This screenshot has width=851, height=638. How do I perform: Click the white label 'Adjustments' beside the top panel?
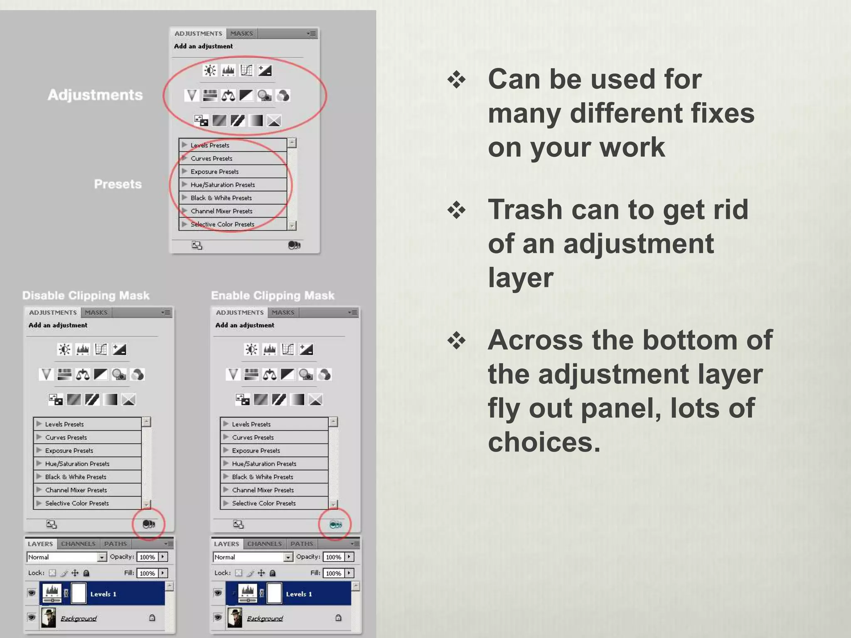tap(95, 95)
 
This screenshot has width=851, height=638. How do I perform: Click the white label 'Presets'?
tap(118, 184)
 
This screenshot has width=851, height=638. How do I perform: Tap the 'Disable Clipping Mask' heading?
tap(86, 296)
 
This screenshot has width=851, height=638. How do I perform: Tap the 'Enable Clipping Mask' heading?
tap(273, 296)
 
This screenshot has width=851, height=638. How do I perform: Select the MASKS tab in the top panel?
tap(241, 34)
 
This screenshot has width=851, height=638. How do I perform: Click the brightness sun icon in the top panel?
tap(210, 71)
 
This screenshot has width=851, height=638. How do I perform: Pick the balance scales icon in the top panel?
tap(228, 96)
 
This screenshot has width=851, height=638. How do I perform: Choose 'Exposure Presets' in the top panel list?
tap(214, 172)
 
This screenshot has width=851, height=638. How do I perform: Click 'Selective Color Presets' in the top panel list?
tap(222, 224)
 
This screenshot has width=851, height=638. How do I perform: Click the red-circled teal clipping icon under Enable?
tap(335, 525)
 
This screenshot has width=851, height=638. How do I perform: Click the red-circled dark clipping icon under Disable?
tap(148, 524)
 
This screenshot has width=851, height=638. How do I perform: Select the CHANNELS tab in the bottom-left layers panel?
tap(78, 544)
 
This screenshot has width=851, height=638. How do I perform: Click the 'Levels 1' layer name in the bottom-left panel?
tap(103, 594)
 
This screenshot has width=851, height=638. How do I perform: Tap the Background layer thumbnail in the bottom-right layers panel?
tap(235, 618)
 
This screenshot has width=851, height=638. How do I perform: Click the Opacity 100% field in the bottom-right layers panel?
tap(334, 557)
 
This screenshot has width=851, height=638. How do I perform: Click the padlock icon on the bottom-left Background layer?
tap(152, 618)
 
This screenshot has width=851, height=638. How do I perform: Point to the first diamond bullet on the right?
tap(456, 80)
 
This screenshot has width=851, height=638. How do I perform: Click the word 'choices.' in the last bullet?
tap(544, 442)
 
